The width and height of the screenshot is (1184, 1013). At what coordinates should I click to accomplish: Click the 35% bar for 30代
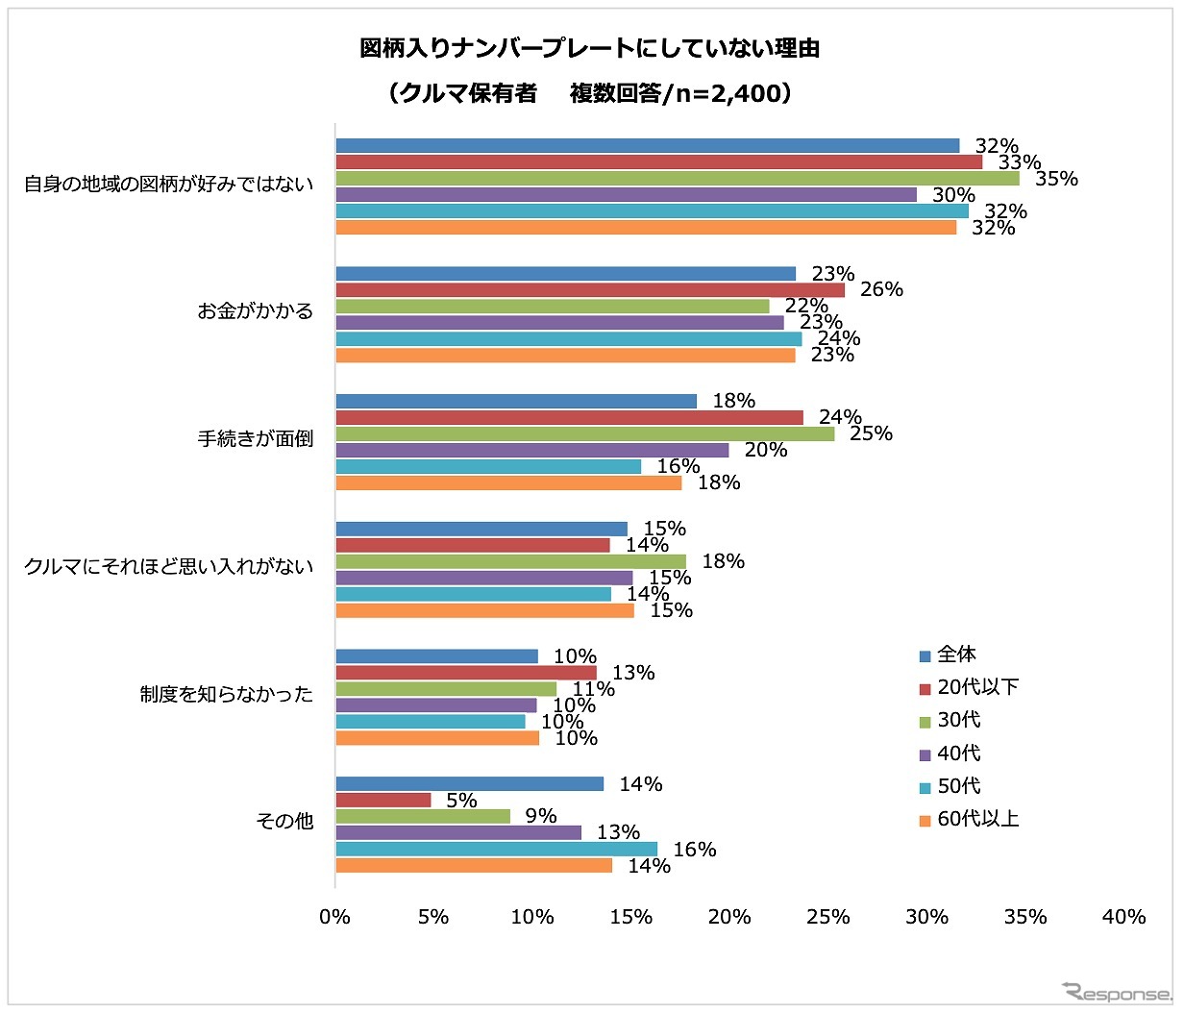click(678, 179)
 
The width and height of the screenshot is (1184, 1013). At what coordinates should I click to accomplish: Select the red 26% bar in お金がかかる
click(590, 290)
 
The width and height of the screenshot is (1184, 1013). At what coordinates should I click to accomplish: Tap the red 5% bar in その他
click(383, 801)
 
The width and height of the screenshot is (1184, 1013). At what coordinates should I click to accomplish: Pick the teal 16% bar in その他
click(497, 850)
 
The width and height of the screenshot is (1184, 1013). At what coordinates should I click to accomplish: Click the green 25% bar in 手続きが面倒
click(585, 434)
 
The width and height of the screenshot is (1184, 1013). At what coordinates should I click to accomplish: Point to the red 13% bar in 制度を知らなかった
click(466, 673)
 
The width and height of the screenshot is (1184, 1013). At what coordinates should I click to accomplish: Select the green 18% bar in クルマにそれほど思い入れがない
click(511, 562)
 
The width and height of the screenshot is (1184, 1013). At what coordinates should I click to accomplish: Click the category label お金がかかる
click(256, 311)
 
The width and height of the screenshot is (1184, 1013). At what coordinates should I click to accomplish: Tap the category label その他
click(284, 822)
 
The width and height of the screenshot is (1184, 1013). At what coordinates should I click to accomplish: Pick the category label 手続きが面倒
click(256, 439)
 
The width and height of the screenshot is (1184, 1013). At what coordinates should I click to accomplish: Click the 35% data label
click(1056, 180)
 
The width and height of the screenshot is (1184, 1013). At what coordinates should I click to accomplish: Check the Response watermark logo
click(1118, 992)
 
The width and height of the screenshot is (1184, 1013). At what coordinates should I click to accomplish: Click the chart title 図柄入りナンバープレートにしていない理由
click(590, 48)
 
